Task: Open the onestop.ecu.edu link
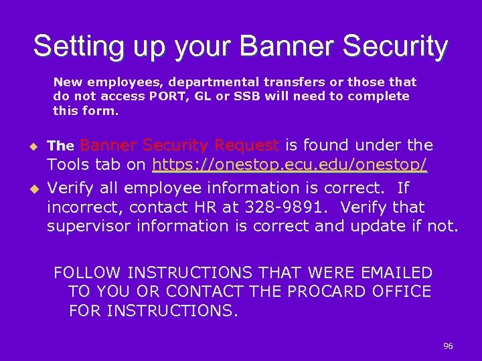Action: click(x=290, y=164)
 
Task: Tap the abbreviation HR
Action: click(x=201, y=207)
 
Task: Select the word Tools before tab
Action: click(x=68, y=164)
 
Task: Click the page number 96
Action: click(x=448, y=346)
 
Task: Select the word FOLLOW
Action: click(x=86, y=273)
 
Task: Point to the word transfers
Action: click(x=294, y=82)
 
